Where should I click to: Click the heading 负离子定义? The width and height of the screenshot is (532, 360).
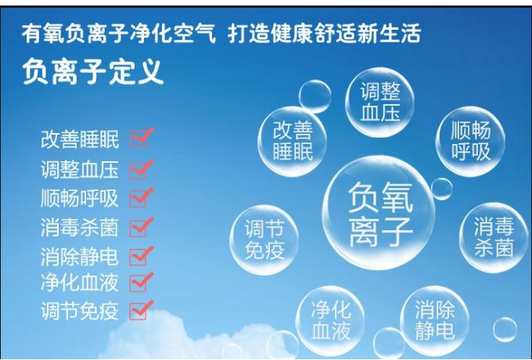[93, 71]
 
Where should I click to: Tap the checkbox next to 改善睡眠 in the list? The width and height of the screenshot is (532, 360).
[138, 139]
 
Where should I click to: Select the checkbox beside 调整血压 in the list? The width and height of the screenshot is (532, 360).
[138, 171]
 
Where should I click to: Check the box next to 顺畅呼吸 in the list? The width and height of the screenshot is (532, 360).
[138, 198]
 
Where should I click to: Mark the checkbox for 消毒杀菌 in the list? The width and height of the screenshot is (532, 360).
[138, 228]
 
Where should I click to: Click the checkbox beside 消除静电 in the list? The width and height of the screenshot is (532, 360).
[138, 257]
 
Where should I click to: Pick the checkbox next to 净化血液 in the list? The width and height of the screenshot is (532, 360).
[138, 283]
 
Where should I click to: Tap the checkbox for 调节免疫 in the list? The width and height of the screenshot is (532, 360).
[138, 311]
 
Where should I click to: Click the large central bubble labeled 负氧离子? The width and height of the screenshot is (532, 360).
[379, 213]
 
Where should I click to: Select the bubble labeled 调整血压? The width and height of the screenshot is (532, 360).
[380, 102]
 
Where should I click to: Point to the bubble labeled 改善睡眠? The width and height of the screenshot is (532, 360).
[293, 141]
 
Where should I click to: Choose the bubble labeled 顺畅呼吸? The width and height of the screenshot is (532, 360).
[471, 141]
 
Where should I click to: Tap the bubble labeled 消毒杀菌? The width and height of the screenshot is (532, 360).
[494, 237]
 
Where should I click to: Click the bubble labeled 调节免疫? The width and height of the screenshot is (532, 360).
[264, 239]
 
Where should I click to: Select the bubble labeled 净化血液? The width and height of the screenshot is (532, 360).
[330, 321]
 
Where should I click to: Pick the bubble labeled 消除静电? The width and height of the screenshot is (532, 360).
[435, 321]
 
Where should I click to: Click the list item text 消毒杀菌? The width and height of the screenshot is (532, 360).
[80, 228]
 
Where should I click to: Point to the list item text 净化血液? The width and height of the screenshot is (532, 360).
[80, 283]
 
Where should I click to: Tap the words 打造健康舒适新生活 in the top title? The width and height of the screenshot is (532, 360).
[325, 33]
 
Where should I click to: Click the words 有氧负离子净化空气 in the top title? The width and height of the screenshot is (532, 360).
[119, 33]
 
